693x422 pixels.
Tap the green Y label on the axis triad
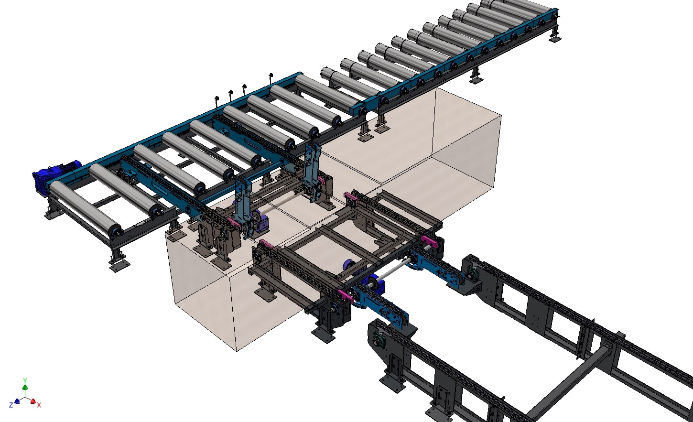25,380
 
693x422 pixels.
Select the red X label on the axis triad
39,405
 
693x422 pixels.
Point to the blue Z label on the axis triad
11,405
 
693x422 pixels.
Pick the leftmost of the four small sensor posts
217,100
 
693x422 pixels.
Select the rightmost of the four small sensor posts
271,76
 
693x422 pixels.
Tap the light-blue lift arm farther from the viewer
311,167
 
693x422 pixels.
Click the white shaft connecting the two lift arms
282,201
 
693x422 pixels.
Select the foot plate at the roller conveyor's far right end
554,38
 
